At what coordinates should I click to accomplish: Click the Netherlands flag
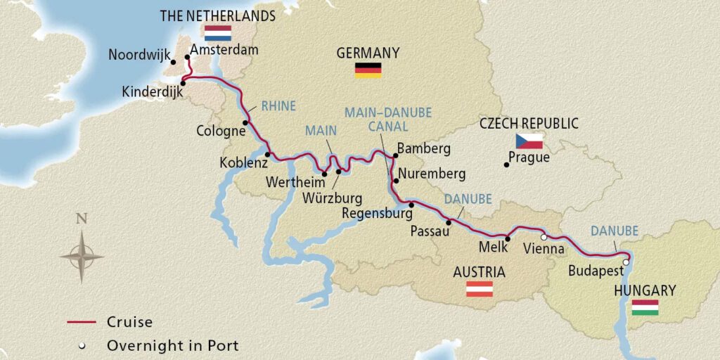tap(217, 32)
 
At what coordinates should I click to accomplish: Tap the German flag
tap(368, 69)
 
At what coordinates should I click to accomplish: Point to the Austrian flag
tap(480, 289)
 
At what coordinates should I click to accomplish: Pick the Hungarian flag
tap(645, 307)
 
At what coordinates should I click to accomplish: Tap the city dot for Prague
tap(506, 165)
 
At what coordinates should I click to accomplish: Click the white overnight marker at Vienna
tap(544, 238)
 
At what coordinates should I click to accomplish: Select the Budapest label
tap(595, 271)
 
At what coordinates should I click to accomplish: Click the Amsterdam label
tap(224, 50)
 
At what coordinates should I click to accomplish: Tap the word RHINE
tap(278, 106)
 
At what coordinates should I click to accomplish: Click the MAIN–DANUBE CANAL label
tap(387, 119)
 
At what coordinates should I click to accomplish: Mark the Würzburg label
tap(332, 198)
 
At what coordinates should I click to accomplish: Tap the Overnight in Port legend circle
tap(82, 345)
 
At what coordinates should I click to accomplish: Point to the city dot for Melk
tap(507, 239)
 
